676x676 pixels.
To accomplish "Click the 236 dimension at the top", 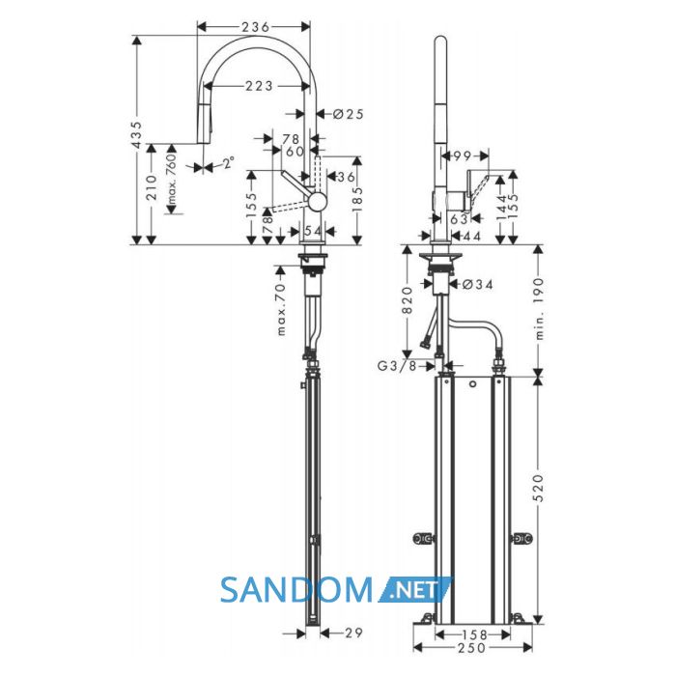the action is click(x=255, y=27).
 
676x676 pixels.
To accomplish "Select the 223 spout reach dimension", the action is click(x=259, y=86).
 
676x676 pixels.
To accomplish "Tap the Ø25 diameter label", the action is click(x=349, y=114).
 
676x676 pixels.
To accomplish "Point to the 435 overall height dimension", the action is click(x=137, y=135).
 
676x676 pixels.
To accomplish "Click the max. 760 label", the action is click(x=172, y=179).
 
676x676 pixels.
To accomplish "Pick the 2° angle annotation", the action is click(x=229, y=163).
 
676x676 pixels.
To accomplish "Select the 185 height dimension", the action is click(x=357, y=201).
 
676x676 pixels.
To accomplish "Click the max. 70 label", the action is click(x=281, y=309).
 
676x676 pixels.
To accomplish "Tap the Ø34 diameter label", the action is click(x=477, y=284).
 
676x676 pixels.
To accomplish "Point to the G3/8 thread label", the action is click(x=397, y=366).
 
